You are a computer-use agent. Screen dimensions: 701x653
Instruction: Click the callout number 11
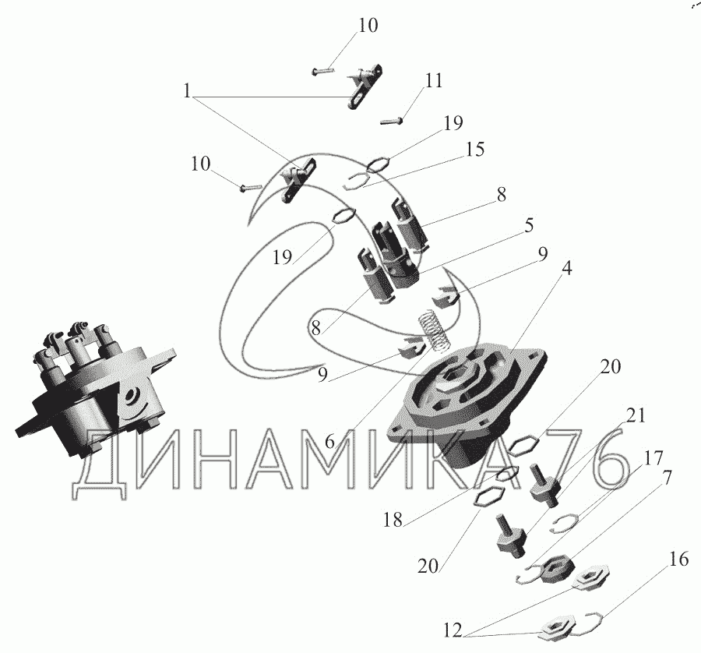[x=434, y=81]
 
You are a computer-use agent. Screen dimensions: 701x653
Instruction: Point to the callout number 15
[x=476, y=150]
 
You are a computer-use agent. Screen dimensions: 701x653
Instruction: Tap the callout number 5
[x=529, y=225]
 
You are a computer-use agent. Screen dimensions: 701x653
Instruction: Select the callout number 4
[x=566, y=268]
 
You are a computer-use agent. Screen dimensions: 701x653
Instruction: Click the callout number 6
[x=329, y=442]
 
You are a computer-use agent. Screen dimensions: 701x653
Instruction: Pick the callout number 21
[x=636, y=416]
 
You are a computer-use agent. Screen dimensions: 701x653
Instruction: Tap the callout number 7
[x=666, y=478]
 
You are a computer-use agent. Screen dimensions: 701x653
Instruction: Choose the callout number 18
[x=393, y=520]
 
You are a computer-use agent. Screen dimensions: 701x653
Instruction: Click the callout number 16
[x=678, y=559]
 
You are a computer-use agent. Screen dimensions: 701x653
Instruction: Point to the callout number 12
[x=453, y=631]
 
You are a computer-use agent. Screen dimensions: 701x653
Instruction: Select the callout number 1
[x=187, y=91]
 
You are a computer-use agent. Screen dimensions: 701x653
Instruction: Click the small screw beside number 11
[x=392, y=120]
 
